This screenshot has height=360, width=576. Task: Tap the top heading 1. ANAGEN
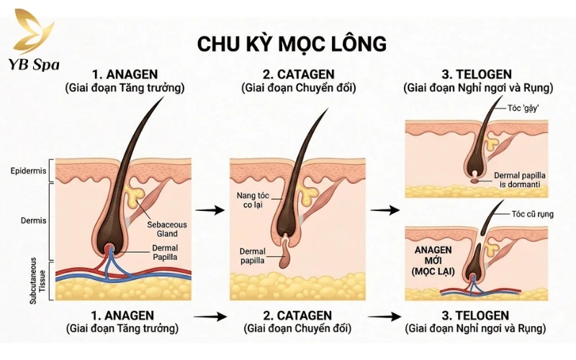(125, 74)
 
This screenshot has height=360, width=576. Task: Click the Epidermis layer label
(27, 171)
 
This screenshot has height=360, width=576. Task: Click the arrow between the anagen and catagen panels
(208, 210)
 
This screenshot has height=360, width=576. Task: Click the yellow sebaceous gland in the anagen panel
(134, 196)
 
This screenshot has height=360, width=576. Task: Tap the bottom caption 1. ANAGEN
(125, 316)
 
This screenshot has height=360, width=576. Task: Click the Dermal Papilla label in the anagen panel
(164, 251)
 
